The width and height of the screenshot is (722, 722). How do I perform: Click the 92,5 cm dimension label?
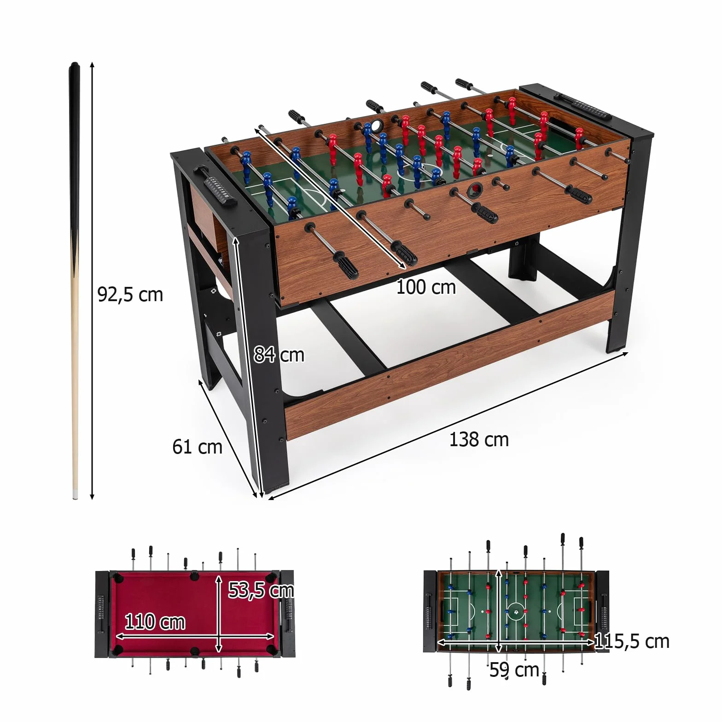[130, 295]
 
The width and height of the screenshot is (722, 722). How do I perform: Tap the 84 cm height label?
[279, 355]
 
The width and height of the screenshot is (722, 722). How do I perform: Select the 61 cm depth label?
[197, 447]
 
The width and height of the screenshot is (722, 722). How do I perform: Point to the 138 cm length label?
[479, 439]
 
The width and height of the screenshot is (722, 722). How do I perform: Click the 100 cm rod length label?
[426, 287]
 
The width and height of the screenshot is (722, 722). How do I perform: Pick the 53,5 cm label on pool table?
[261, 590]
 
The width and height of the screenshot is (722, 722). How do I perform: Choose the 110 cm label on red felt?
[155, 622]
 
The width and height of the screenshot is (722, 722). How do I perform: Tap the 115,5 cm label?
[632, 641]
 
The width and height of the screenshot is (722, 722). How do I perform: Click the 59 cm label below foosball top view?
[514, 670]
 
